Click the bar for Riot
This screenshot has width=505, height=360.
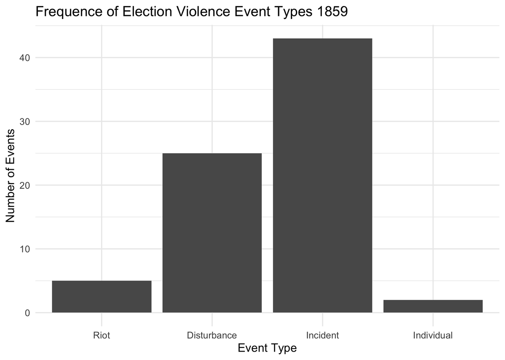(101, 296)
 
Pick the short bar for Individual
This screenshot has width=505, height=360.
(433, 306)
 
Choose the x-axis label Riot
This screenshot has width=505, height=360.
(101, 336)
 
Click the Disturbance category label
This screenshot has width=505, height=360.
(212, 336)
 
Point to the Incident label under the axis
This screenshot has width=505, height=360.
(322, 336)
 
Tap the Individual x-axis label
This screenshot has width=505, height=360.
(433, 336)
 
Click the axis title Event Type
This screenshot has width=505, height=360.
(267, 348)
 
